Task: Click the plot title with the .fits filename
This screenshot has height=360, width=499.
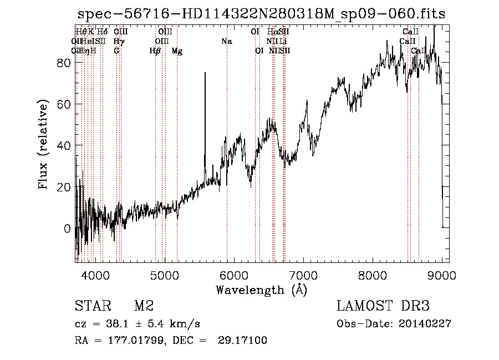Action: point(261,14)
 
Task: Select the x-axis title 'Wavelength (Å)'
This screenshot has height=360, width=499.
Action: point(261,290)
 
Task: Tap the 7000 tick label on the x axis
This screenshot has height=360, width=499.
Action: point(303,275)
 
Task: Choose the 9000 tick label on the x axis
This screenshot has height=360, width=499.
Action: point(442,275)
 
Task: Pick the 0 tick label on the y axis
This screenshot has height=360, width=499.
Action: point(68,229)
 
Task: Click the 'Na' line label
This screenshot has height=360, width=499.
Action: point(226,42)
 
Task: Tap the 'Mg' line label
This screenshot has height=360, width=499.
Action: point(177,51)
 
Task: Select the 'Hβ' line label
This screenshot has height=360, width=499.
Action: point(155,51)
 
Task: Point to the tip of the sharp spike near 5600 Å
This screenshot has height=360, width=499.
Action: point(205,73)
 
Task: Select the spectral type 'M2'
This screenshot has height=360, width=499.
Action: point(144,306)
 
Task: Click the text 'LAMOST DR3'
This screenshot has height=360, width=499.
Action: point(383,306)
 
